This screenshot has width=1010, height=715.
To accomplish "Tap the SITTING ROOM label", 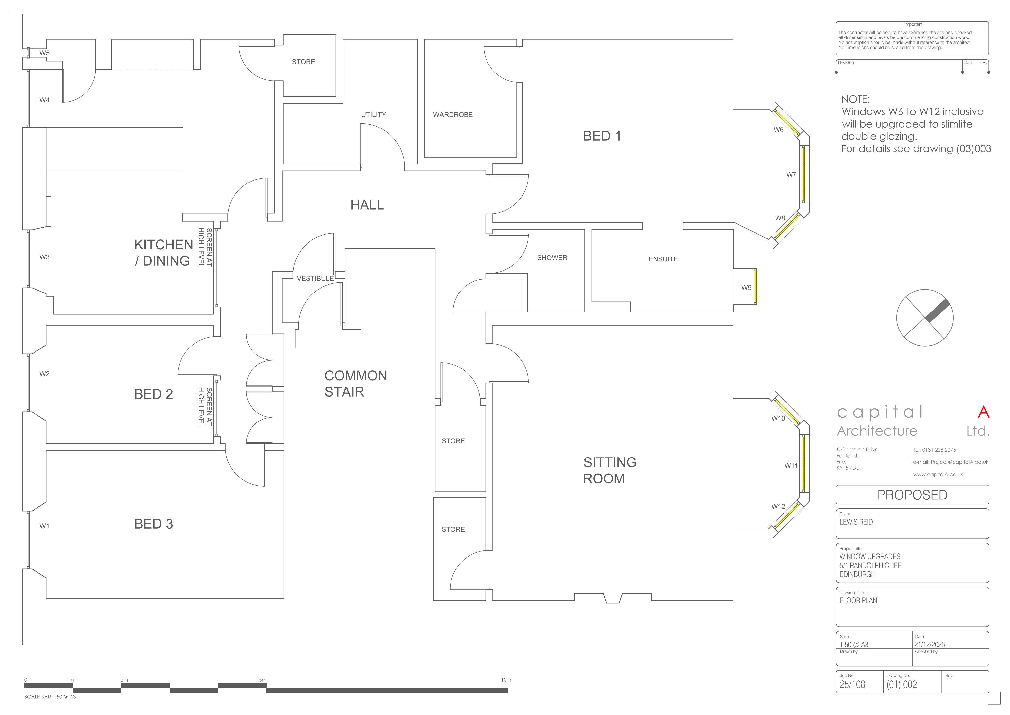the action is click(610, 470).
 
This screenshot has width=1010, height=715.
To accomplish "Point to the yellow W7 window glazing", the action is click(803, 174).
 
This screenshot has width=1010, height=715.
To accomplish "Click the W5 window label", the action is click(44, 53).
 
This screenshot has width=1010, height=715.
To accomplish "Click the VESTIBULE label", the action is click(315, 278).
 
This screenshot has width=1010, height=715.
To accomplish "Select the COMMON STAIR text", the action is click(356, 384).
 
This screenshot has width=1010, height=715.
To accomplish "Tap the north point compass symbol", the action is click(925, 317).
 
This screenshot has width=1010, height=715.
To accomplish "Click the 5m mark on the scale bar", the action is click(262, 680).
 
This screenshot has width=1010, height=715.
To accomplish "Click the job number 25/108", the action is click(852, 685).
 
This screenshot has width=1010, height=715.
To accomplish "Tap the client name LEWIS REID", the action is click(856, 522).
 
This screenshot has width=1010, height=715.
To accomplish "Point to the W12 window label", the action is click(778, 506).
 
